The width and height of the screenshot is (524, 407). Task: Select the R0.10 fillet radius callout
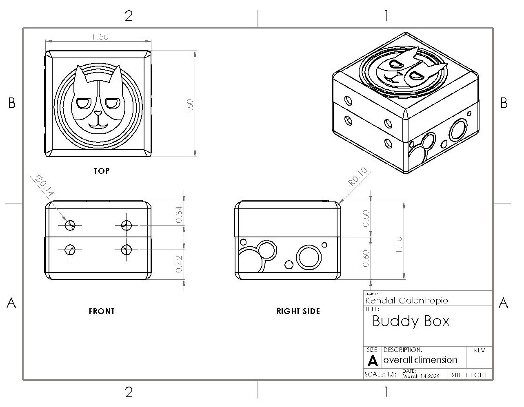pyautogui.click(x=357, y=177)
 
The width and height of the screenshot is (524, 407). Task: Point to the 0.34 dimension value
pyautogui.click(x=179, y=215)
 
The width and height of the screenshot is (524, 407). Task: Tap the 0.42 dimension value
pyautogui.click(x=179, y=264)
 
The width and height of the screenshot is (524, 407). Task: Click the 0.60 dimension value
pyautogui.click(x=366, y=259)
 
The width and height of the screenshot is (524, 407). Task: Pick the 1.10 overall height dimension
pyautogui.click(x=399, y=245)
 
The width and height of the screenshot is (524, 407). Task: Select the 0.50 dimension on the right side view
pyautogui.click(x=366, y=219)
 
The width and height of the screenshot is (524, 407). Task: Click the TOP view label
pyautogui.click(x=102, y=171)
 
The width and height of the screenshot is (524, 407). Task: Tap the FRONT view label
pyautogui.click(x=102, y=311)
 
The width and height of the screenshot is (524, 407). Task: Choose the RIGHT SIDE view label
pyautogui.click(x=298, y=311)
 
